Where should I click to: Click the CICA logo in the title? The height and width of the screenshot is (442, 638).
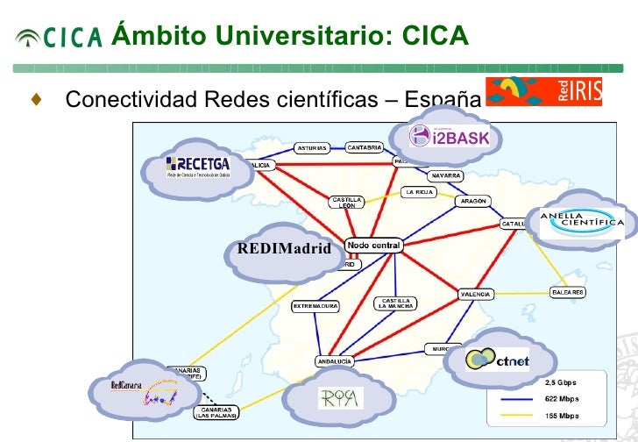pos(60,36)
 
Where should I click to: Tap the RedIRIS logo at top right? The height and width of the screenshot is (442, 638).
pos(543,90)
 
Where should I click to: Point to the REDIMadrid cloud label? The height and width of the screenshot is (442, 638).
pos(284,249)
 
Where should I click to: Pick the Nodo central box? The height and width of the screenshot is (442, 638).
pos(374,246)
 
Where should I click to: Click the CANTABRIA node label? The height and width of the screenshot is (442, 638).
pos(364,147)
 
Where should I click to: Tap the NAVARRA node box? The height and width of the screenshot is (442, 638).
pos(446,175)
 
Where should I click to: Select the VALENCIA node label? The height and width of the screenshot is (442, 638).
pos(476,295)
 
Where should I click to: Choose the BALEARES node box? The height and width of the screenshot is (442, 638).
pos(567,292)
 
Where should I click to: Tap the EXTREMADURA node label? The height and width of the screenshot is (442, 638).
pos(315,307)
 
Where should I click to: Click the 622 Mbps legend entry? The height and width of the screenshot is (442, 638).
pos(561,398)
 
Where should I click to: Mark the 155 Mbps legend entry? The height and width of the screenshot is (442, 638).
pos(561,415)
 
